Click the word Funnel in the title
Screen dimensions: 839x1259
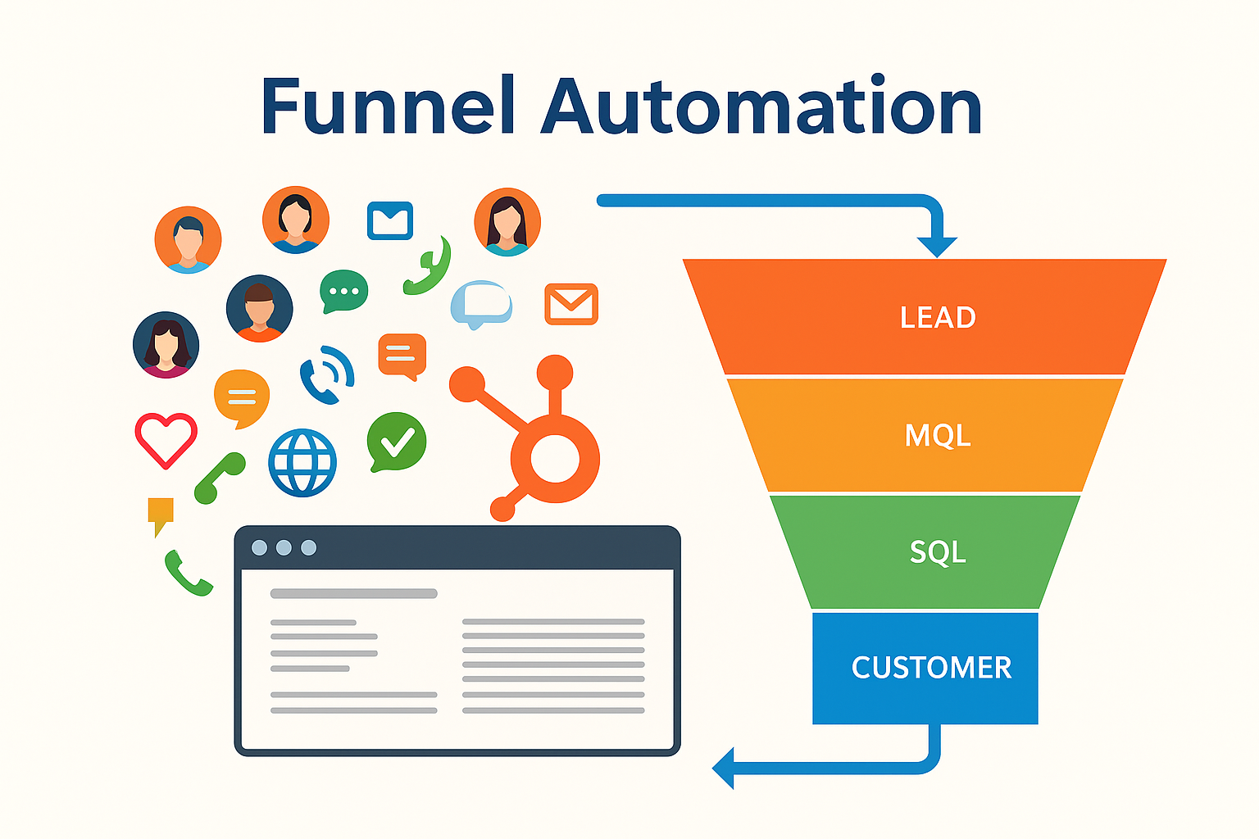point(387,107)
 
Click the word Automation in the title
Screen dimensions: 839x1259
point(761,107)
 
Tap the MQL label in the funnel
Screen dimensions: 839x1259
point(937,435)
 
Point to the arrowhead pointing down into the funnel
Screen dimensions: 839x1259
point(937,246)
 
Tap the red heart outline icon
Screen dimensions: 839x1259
point(166,439)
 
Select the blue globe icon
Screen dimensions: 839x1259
point(302,463)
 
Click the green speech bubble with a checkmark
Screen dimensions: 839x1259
point(397,442)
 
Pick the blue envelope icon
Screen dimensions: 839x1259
point(389,220)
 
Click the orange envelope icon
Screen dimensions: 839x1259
point(571,304)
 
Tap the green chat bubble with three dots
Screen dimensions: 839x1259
point(343,291)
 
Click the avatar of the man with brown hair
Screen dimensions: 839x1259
point(259,308)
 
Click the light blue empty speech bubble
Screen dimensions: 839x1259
point(481,303)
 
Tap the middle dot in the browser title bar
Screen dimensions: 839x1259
point(284,547)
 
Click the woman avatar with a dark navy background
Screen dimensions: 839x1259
point(166,344)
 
